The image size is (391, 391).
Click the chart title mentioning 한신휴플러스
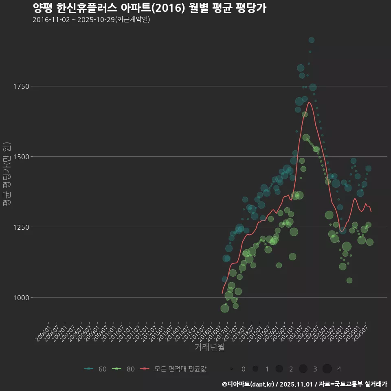(x=149, y=8)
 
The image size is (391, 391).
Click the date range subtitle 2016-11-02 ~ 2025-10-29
(x=91, y=20)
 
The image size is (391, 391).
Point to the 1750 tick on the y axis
(x=21, y=86)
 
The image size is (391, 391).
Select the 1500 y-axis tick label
(x=21, y=157)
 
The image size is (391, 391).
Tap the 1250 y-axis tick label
(x=21, y=227)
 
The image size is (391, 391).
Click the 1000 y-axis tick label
(x=21, y=298)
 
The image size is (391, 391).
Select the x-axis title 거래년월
(x=209, y=347)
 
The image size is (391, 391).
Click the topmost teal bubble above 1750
(x=311, y=40)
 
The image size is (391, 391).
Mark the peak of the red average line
(x=309, y=102)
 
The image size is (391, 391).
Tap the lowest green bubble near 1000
(x=224, y=308)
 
